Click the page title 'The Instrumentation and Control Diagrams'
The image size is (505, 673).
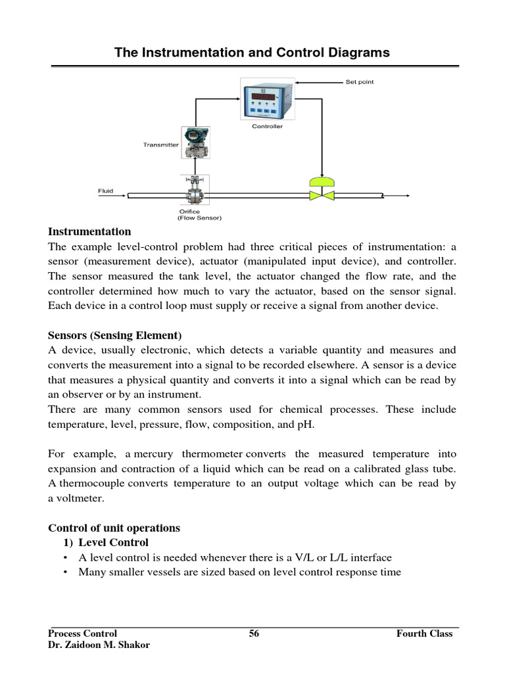click(x=252, y=53)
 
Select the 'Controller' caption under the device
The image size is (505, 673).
click(x=267, y=126)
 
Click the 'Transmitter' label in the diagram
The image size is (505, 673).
click(x=160, y=145)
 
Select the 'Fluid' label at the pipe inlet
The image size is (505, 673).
click(x=105, y=191)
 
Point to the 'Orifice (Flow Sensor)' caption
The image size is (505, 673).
click(x=199, y=215)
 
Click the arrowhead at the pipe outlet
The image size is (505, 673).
click(x=407, y=195)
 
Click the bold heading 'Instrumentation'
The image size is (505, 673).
click(x=89, y=232)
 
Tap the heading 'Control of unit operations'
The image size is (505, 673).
click(x=114, y=528)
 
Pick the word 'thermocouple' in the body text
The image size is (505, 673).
click(x=90, y=484)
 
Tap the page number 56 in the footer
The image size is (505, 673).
click(x=254, y=634)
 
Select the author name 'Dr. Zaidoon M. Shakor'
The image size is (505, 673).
click(x=99, y=645)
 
